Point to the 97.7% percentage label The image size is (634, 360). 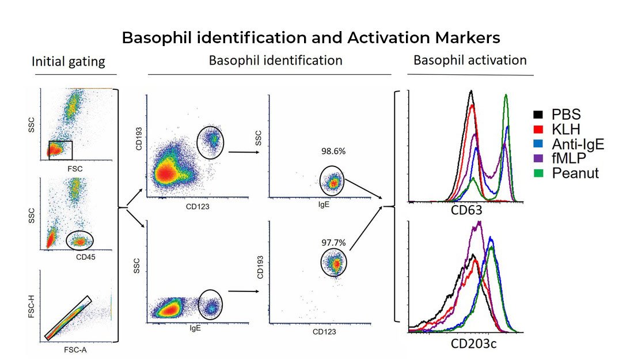[332, 243]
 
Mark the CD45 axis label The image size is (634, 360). [86, 256]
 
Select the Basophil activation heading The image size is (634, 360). [470, 60]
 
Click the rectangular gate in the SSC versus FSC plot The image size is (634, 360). [60, 150]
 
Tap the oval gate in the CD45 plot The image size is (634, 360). [79, 240]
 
